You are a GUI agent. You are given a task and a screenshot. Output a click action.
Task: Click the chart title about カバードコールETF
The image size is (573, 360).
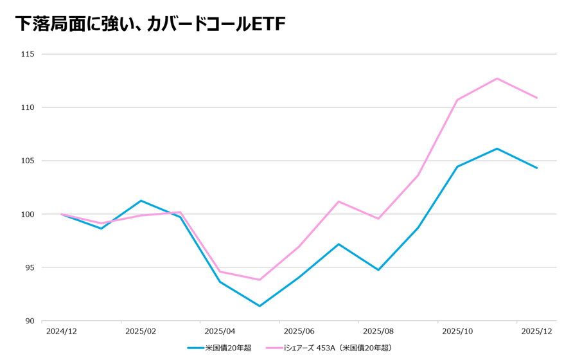[150, 24]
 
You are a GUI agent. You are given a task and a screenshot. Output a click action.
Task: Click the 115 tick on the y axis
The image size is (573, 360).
[26, 54]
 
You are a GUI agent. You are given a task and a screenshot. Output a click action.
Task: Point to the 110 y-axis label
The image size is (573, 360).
[26, 107]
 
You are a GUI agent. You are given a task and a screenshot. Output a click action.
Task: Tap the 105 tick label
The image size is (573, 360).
[26, 161]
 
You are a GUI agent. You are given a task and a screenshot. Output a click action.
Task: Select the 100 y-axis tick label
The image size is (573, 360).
[26, 214]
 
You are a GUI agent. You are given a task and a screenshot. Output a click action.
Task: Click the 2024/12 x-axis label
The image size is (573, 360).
[62, 331]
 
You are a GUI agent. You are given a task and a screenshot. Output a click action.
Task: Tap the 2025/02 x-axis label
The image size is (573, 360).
[141, 331]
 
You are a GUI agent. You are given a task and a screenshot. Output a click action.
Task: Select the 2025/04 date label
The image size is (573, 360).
[220, 331]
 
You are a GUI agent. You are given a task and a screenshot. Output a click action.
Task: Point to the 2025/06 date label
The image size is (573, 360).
[299, 331]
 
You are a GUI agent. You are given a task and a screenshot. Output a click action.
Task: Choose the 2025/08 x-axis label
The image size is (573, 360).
[378, 331]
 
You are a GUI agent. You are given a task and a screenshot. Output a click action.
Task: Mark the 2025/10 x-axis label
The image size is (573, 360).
[457, 331]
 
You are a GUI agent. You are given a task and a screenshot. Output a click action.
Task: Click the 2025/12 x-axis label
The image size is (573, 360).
[536, 331]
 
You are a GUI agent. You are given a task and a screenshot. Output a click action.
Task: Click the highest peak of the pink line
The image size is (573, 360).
[497, 78]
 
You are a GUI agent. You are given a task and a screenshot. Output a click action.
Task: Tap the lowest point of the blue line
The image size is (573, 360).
[260, 306]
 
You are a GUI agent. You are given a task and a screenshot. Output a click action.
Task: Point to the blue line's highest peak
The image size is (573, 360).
[497, 148]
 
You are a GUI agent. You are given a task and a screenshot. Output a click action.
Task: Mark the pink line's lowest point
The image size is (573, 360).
[260, 280]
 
